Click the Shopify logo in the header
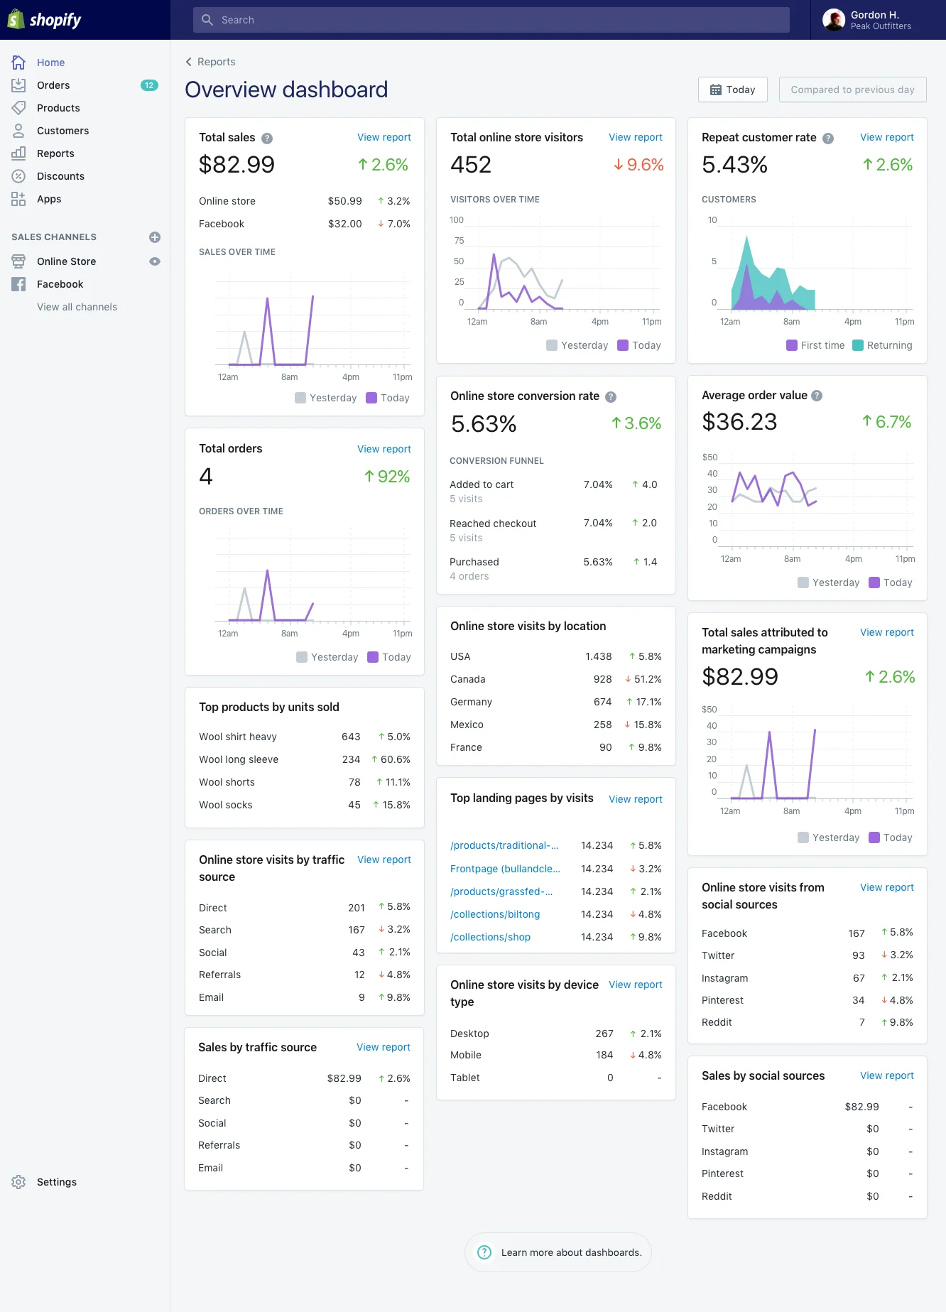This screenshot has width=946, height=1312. tap(45, 20)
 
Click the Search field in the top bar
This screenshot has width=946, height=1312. tap(490, 20)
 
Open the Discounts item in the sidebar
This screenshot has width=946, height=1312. tap(60, 176)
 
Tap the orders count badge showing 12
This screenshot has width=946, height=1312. tap(148, 85)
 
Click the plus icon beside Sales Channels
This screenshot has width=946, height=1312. tap(155, 237)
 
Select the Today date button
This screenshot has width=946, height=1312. tap(732, 90)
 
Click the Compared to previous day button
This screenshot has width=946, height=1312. tap(852, 90)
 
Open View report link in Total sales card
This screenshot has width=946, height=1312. tap(384, 137)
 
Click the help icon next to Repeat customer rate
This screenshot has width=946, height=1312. tap(828, 139)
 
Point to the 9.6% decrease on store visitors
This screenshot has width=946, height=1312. tap(638, 165)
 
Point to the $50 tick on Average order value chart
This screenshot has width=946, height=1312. tap(709, 457)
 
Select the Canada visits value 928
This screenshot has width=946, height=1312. tap(602, 679)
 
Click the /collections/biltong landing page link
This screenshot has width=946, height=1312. tap(495, 914)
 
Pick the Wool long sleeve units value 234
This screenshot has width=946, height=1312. tap(351, 759)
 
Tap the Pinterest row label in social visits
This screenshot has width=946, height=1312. tap(722, 1000)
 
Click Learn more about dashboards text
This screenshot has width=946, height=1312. tap(571, 1252)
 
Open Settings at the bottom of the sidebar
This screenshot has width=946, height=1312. tap(56, 1182)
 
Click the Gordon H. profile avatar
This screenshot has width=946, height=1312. tap(833, 20)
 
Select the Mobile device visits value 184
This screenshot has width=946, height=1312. tap(604, 1055)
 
